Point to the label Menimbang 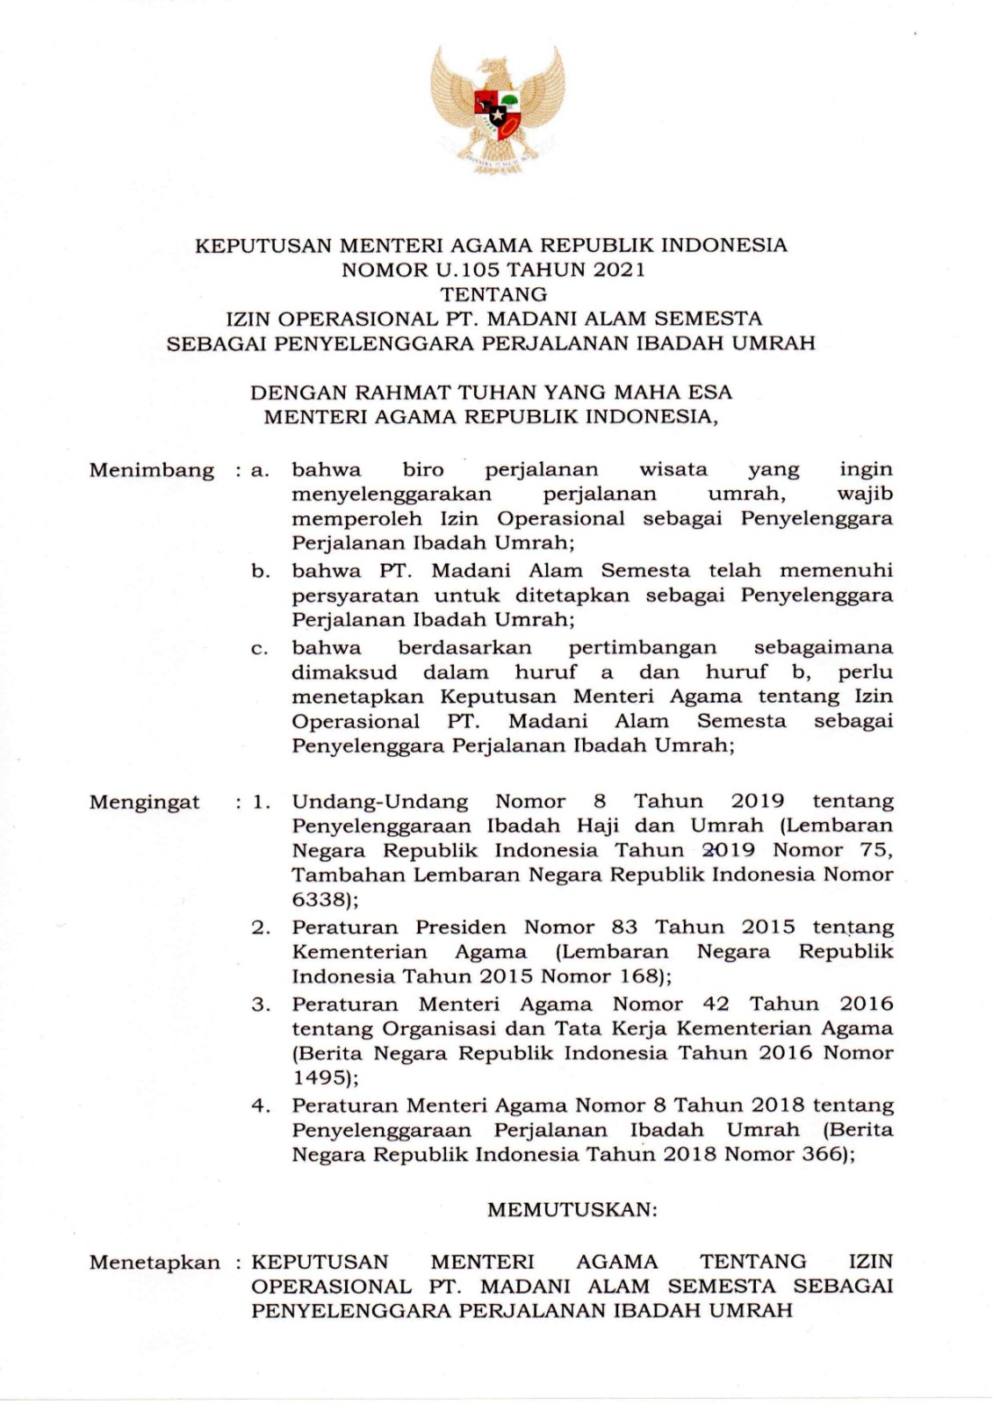(x=151, y=470)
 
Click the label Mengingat (x=144, y=802)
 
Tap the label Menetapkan (x=155, y=1263)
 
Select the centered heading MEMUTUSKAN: (x=572, y=1209)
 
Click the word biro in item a (x=422, y=470)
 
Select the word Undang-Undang (x=379, y=802)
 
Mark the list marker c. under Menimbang (x=259, y=649)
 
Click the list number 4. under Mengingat (x=260, y=1105)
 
